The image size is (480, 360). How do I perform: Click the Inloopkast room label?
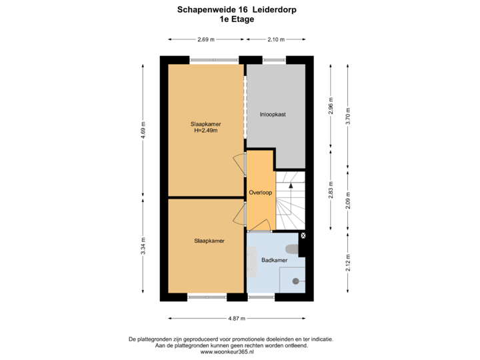coord(273,115)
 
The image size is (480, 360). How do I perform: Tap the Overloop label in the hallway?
coord(260,192)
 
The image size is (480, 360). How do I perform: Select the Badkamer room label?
coord(274,260)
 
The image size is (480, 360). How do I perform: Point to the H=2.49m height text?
coord(205,131)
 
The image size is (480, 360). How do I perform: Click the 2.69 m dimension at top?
coord(205,39)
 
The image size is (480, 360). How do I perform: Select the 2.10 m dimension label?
coord(275,39)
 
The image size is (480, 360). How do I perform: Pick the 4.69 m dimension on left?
coord(143,130)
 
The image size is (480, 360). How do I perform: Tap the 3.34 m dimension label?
coord(143,245)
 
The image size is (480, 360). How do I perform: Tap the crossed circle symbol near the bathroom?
coord(303,236)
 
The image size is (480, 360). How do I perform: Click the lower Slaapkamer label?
coord(205,241)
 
